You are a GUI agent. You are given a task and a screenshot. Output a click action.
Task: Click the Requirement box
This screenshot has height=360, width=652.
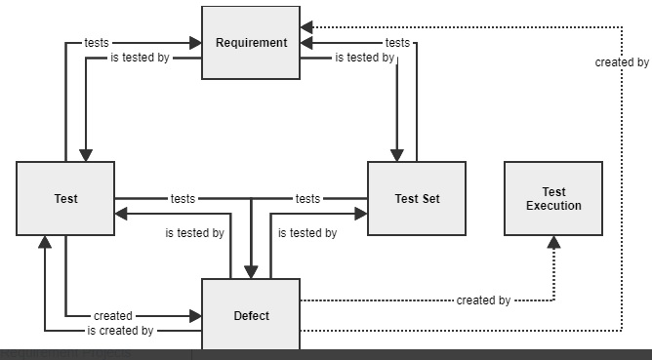[x=251, y=42]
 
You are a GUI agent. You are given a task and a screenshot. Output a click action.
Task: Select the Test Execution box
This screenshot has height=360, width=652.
[x=552, y=199]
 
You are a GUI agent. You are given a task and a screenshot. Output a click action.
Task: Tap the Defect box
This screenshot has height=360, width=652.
[x=251, y=315]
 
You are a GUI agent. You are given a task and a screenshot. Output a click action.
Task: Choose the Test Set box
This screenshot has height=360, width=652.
[x=417, y=199]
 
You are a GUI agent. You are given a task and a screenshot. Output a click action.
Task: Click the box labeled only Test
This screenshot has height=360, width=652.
[x=65, y=199]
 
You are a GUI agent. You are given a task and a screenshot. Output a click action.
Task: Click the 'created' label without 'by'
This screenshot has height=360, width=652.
[x=113, y=316]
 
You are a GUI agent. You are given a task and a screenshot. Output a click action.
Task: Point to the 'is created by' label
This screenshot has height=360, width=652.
[x=120, y=331]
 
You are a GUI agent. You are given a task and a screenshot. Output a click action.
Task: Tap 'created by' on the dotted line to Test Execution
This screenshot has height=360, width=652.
[x=483, y=300]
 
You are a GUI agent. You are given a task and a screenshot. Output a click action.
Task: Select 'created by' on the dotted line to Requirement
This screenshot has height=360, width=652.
[x=622, y=62]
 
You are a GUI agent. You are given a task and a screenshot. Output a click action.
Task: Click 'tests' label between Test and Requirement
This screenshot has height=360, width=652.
[x=97, y=42]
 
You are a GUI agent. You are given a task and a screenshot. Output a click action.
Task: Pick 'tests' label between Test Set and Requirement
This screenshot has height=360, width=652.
[x=397, y=42]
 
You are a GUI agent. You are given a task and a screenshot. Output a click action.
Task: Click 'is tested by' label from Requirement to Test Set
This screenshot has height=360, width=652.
[x=364, y=58]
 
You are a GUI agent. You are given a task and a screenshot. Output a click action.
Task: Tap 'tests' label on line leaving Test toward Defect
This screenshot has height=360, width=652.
[x=183, y=199]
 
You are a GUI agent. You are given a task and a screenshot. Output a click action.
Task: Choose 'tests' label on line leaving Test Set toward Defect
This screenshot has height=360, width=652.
[x=307, y=199]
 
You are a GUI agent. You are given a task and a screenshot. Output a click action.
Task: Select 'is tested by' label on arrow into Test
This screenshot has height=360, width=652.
[x=194, y=233]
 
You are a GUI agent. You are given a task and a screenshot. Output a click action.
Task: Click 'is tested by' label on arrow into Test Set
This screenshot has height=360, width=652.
[x=307, y=233]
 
